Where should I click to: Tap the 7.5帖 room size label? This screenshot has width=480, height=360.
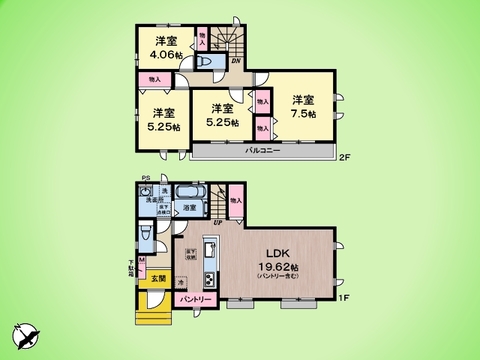[x=303, y=114]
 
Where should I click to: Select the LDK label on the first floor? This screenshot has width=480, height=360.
[x=277, y=253]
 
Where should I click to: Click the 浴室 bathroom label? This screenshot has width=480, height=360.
[x=189, y=207]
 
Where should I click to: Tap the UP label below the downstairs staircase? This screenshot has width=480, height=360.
[x=219, y=223]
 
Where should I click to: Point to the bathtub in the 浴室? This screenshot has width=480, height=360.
[x=190, y=191]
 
